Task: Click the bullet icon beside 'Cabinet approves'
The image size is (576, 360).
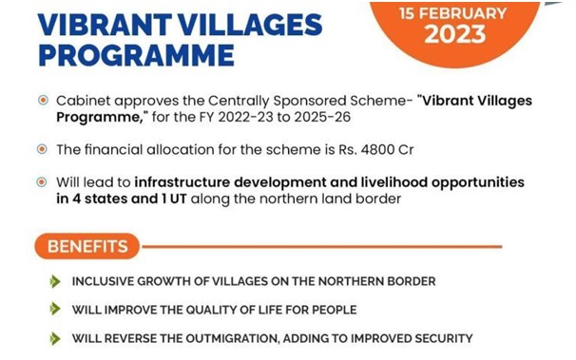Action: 40,101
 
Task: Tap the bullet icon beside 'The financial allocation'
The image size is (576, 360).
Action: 40,150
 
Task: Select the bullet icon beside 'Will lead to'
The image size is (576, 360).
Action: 40,181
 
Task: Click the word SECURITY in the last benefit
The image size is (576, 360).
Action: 440,338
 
